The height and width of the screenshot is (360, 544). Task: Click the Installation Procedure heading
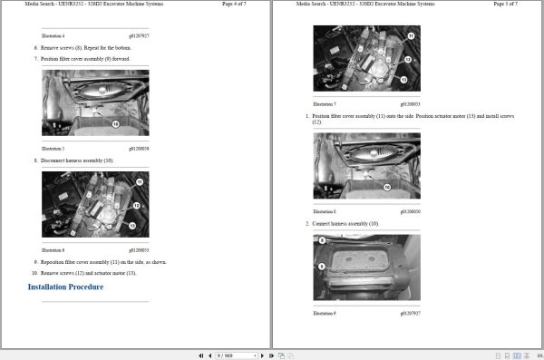click(x=65, y=287)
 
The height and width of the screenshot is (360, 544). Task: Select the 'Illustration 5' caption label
click(x=53, y=147)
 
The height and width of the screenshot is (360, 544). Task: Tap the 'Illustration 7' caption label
click(x=324, y=104)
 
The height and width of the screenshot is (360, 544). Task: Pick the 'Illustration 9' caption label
click(x=324, y=313)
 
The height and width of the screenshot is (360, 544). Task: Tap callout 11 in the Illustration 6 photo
click(x=139, y=183)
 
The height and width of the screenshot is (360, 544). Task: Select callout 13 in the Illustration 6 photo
click(x=133, y=225)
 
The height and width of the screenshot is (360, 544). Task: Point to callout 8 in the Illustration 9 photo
click(x=322, y=240)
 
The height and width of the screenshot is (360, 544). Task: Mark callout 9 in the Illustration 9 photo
click(x=322, y=267)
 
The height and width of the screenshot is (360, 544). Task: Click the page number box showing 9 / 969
click(x=224, y=355)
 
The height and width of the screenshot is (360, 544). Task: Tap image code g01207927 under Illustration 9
click(x=409, y=313)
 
